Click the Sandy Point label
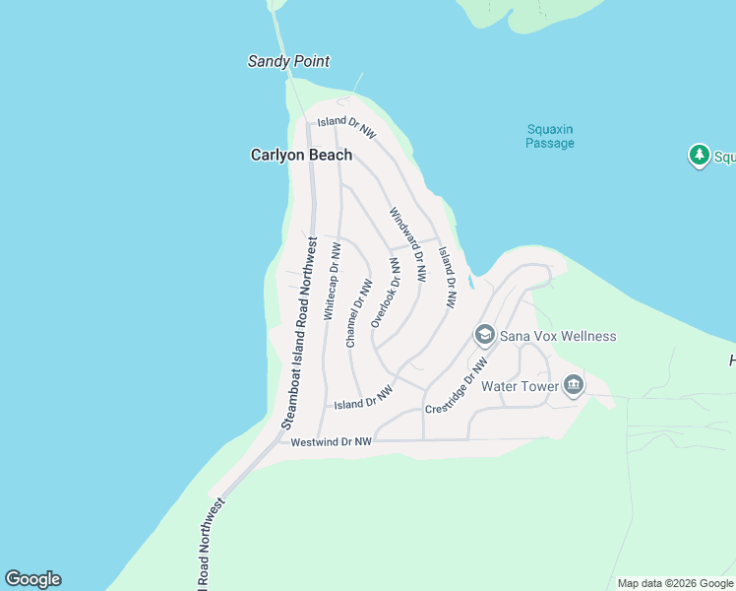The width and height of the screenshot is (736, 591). coord(288,61)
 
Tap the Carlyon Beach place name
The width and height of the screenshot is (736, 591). coord(301,155)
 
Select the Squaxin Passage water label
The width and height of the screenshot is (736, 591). coord(550,136)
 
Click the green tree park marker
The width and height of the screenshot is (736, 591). coord(699,155)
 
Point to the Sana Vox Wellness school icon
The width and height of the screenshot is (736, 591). coord(484,336)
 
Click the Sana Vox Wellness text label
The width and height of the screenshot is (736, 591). coord(558,336)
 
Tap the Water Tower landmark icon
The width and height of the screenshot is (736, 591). coord(574,386)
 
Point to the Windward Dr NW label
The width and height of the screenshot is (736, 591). coord(407,244)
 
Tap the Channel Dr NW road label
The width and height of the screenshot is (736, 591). coord(358,313)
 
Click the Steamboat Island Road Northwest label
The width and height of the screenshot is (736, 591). coord(300,332)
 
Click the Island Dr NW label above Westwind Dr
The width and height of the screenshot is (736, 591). coord(363,398)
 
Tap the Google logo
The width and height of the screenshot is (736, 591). coord(32,579)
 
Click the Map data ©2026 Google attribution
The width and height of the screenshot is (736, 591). coord(676,583)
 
